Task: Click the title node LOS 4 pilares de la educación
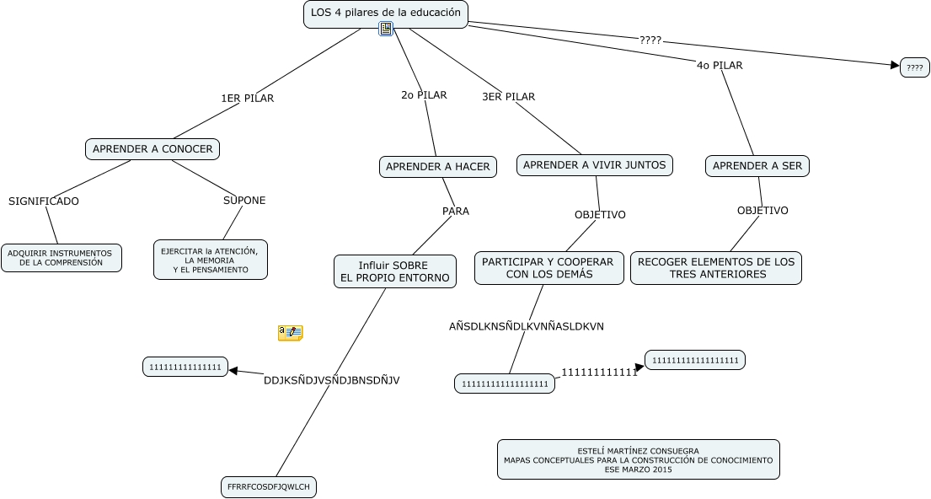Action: click(x=385, y=13)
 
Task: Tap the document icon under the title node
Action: click(x=386, y=30)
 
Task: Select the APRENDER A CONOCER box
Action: click(x=152, y=149)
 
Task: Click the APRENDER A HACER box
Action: click(x=437, y=167)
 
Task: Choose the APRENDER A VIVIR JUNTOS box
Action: click(x=594, y=165)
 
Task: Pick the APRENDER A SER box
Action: click(x=757, y=166)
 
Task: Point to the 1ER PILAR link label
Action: click(x=247, y=99)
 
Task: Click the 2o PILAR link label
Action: click(x=424, y=95)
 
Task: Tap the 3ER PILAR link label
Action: click(x=508, y=97)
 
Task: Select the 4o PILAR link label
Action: click(x=720, y=66)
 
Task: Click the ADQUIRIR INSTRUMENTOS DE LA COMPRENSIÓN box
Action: click(x=61, y=258)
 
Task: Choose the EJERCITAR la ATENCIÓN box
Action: click(x=211, y=260)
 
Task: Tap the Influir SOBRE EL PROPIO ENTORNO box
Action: click(x=394, y=271)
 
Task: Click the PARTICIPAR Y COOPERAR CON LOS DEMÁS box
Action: click(x=548, y=268)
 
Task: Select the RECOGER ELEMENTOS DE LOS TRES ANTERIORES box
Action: click(x=715, y=268)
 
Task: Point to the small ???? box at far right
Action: click(x=914, y=67)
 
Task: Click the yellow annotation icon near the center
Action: click(x=290, y=333)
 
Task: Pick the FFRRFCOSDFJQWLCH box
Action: click(x=268, y=487)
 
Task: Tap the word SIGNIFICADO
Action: click(x=44, y=201)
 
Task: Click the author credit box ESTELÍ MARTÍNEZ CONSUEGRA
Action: click(x=638, y=460)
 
